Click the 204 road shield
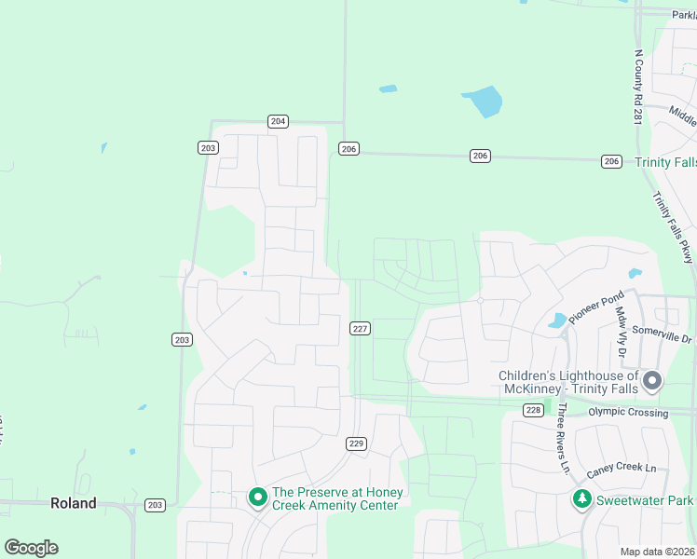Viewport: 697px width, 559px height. coord(278,121)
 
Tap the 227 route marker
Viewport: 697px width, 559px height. coord(361,329)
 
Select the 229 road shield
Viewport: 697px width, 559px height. coord(356,443)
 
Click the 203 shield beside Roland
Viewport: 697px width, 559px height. coord(155,505)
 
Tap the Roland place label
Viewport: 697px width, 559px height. coord(73,503)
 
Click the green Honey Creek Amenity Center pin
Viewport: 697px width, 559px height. coord(257,498)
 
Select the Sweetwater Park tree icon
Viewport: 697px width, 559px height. coord(582,499)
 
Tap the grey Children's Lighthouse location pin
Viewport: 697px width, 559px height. coord(652,380)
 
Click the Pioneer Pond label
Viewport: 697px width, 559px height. coord(596,308)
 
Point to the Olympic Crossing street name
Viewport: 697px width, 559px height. coord(628,412)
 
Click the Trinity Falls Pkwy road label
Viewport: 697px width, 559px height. coord(674,226)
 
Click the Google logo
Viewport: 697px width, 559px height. coord(32,548)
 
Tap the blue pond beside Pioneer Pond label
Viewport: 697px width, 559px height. coord(557,320)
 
